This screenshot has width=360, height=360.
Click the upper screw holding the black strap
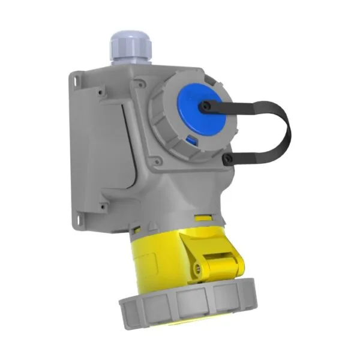coord(206,107)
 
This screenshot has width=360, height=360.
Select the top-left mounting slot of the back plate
coord(76,79)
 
